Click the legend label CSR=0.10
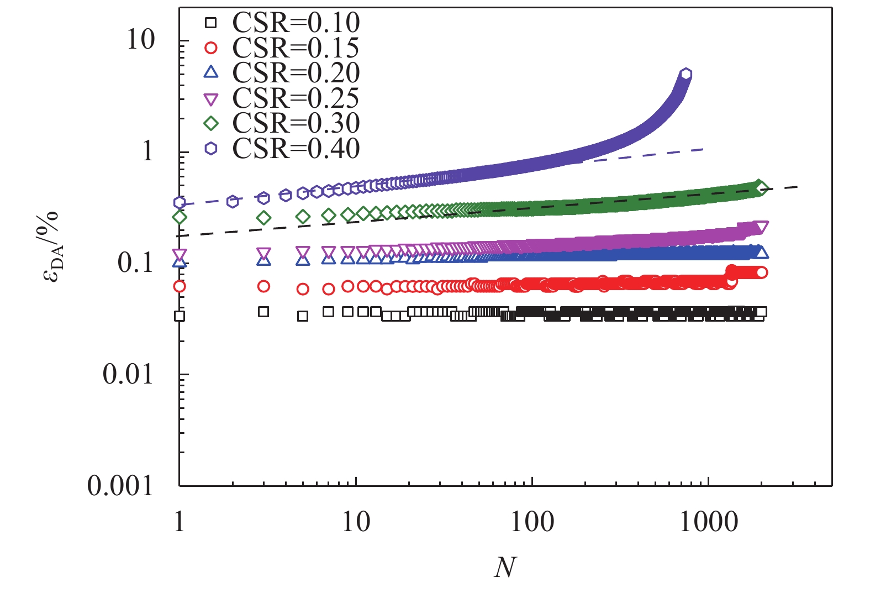pos(296,23)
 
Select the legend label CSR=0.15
pos(296,48)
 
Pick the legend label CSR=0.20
pos(296,73)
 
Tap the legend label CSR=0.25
pos(296,98)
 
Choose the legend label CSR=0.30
pos(296,123)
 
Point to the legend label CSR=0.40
pos(296,148)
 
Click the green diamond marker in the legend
pos(211,123)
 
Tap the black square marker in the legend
pos(211,23)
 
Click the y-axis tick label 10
pos(140,40)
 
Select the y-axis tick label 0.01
pos(128,374)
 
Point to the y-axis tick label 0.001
pos(120,486)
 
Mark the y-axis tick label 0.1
pos(135,263)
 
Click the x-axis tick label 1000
pos(708,522)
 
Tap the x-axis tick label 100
pos(531,522)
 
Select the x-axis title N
pos(505,567)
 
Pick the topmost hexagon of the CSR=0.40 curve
pos(686,74)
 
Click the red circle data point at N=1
pos(180,286)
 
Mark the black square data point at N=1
pos(180,316)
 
